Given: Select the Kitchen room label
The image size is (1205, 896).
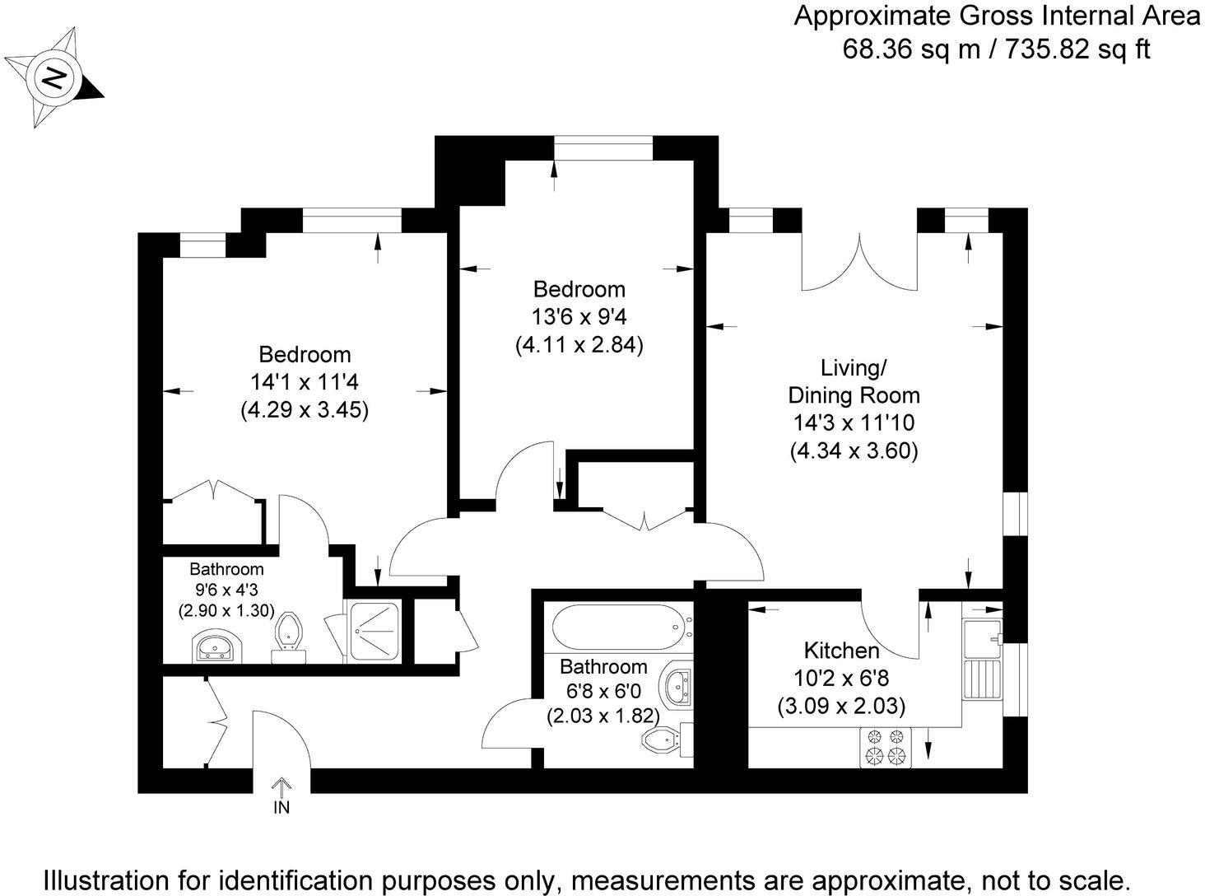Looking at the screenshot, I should tap(841, 651).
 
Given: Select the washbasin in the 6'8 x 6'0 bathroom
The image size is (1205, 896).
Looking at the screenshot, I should tap(678, 686).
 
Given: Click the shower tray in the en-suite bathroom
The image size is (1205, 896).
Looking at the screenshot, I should tap(374, 632).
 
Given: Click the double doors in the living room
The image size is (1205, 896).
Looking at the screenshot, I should tap(859, 264).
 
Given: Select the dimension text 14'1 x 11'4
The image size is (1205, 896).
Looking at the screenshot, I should tap(305, 382).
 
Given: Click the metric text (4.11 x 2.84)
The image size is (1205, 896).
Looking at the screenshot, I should tap(579, 344).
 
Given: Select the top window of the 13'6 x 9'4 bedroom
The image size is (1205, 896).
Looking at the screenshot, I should tap(603, 149).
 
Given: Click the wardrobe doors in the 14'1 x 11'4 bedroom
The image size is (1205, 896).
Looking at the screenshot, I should tap(214, 490).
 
